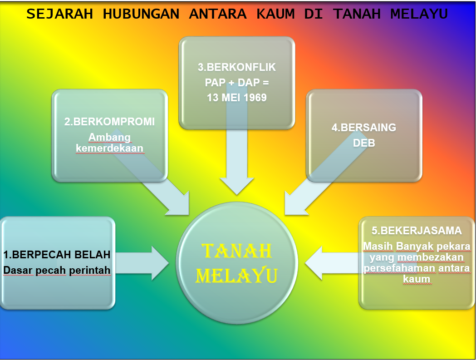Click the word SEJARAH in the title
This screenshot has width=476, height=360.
pyautogui.click(x=59, y=14)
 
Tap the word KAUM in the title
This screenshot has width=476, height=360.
pyautogui.click(x=275, y=14)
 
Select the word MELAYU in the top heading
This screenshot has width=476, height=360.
pyautogui.click(x=419, y=14)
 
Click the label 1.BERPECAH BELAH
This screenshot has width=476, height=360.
pyautogui.click(x=57, y=255)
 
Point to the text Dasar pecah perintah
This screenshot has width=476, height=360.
pyautogui.click(x=57, y=270)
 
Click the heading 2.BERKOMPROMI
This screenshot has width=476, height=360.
pyautogui.click(x=110, y=122)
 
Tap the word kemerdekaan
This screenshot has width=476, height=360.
pyautogui.click(x=110, y=148)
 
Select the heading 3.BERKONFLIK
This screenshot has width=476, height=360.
pyautogui.click(x=237, y=67)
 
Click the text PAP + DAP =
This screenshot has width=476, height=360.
pyautogui.click(x=237, y=82)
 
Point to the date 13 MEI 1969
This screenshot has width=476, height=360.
pyautogui.click(x=237, y=98)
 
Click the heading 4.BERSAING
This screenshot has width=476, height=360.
pyautogui.click(x=364, y=127)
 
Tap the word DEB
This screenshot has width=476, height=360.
pyautogui.click(x=364, y=143)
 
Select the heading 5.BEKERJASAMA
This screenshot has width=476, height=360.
pyautogui.click(x=417, y=231)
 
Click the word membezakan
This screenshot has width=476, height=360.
pyautogui.click(x=431, y=257)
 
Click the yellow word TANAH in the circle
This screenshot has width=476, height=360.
pyautogui.click(x=237, y=251)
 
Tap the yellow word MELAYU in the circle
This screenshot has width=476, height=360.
pyautogui.click(x=237, y=276)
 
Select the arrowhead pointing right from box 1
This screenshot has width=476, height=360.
pyautogui.click(x=160, y=263)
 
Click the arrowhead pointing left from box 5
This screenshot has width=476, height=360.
pyautogui.click(x=314, y=263)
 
